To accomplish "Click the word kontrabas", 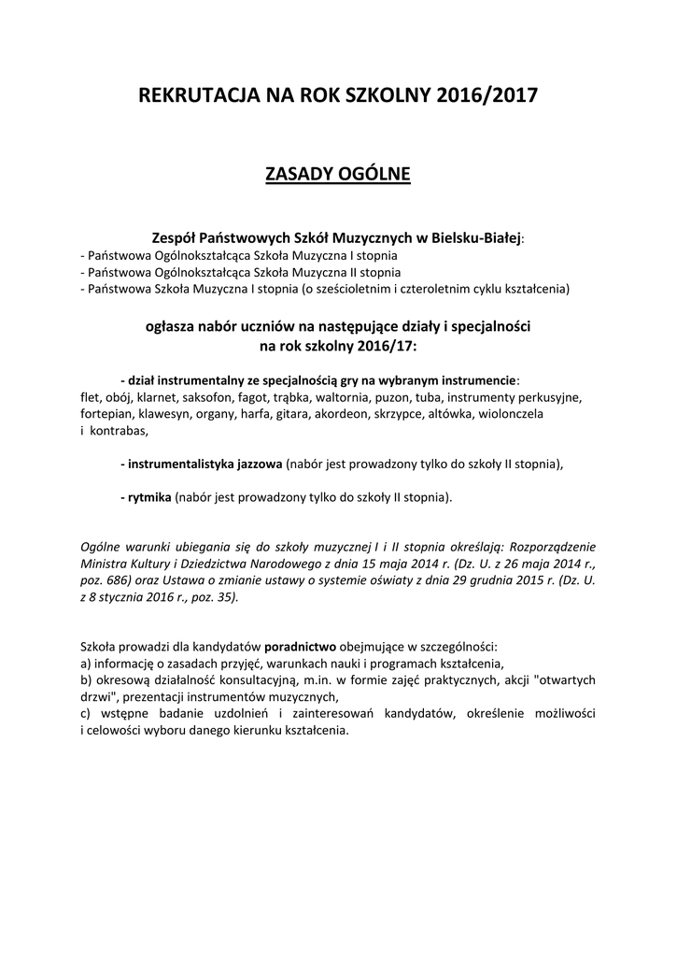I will point(120,430).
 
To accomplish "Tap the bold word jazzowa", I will point(256,464).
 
